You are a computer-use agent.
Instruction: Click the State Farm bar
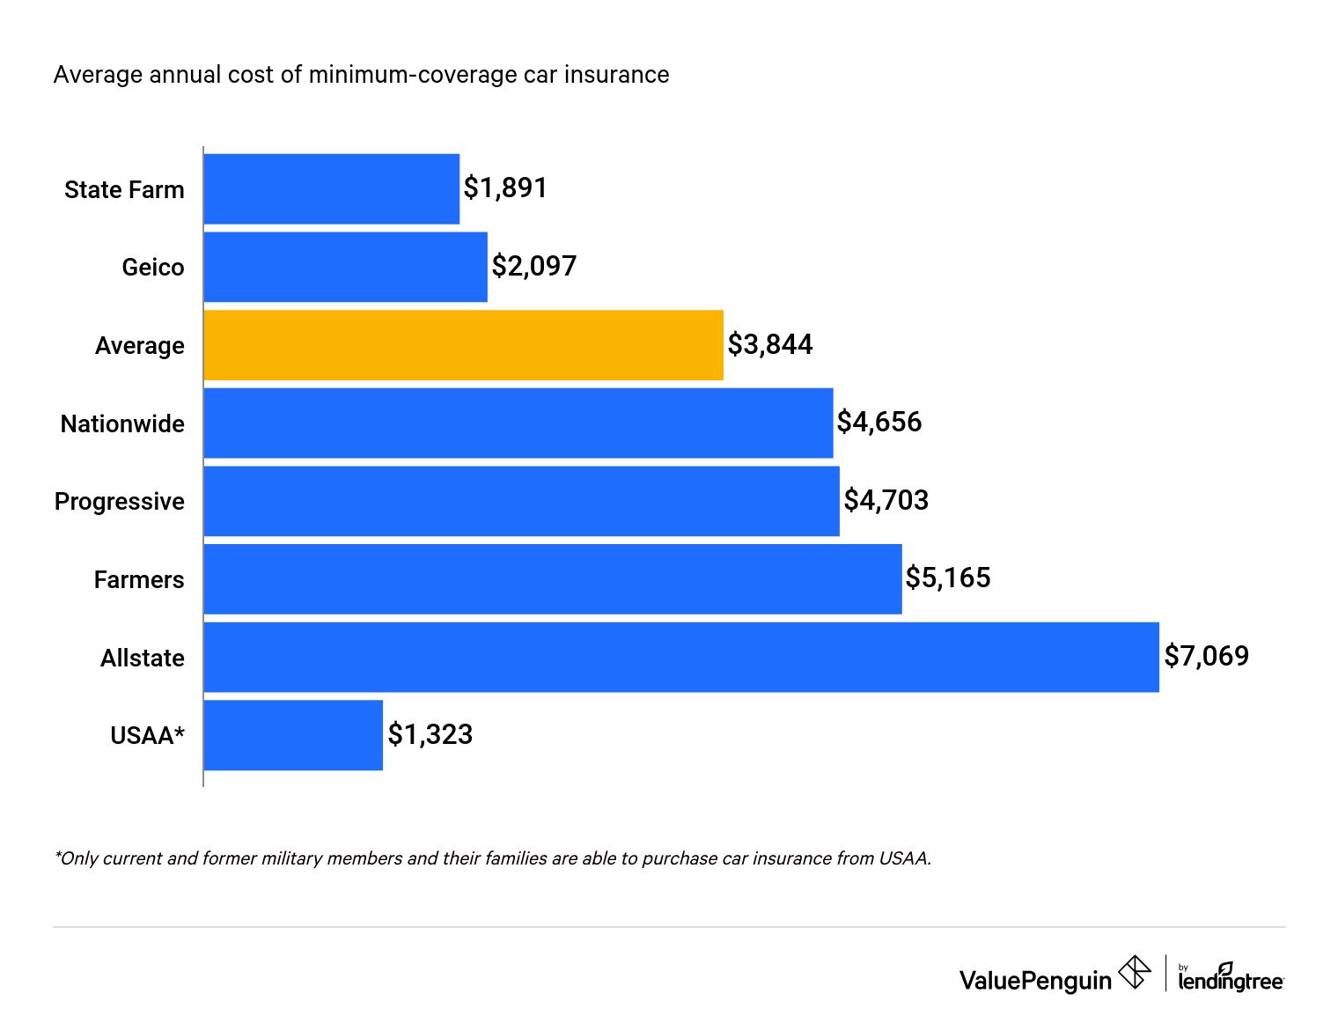tap(332, 189)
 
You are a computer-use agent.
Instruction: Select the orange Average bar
tap(464, 345)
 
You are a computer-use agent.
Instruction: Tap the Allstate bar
tap(681, 657)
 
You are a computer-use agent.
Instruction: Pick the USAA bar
tap(293, 735)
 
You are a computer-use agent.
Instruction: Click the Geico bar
tap(345, 267)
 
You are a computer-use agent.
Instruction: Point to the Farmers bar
tap(553, 579)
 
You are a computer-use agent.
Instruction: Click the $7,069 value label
tap(1206, 656)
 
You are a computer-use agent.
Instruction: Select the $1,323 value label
tap(430, 734)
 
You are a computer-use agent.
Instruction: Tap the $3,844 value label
tap(770, 344)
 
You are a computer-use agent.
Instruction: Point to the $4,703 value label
tap(886, 500)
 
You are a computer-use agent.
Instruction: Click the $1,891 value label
tap(505, 188)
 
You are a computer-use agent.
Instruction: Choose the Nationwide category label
tap(122, 424)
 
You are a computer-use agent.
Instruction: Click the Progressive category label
tap(120, 502)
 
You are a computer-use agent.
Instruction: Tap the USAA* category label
tap(147, 736)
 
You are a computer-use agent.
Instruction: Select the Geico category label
tap(153, 268)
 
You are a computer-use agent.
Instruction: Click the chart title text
tap(361, 75)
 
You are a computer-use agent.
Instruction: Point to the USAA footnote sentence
tap(492, 858)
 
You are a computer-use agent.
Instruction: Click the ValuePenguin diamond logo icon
tap(1135, 973)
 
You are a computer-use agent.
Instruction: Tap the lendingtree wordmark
tap(1231, 979)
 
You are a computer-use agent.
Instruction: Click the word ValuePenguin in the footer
tap(1035, 981)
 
